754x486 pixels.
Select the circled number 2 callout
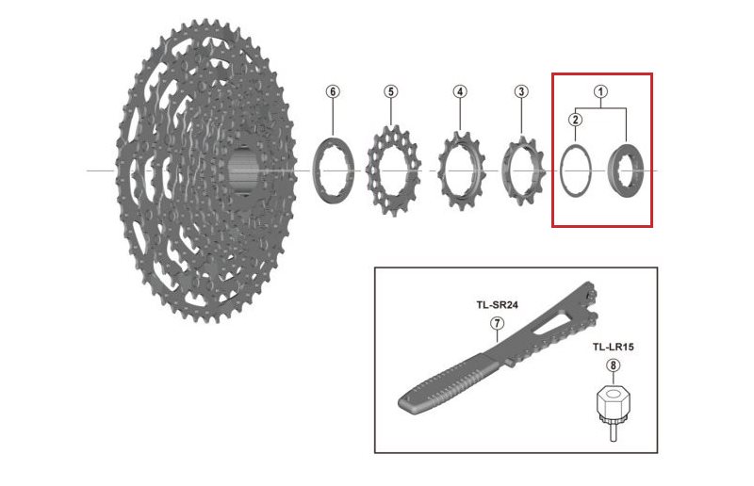click(574, 119)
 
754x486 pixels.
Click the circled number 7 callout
click(497, 323)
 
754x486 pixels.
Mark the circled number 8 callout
click(614, 365)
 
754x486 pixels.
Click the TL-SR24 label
click(496, 305)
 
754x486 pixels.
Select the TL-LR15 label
click(613, 348)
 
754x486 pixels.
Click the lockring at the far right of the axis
click(626, 170)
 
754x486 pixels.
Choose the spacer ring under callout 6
click(332, 170)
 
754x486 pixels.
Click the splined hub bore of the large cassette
click(242, 170)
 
